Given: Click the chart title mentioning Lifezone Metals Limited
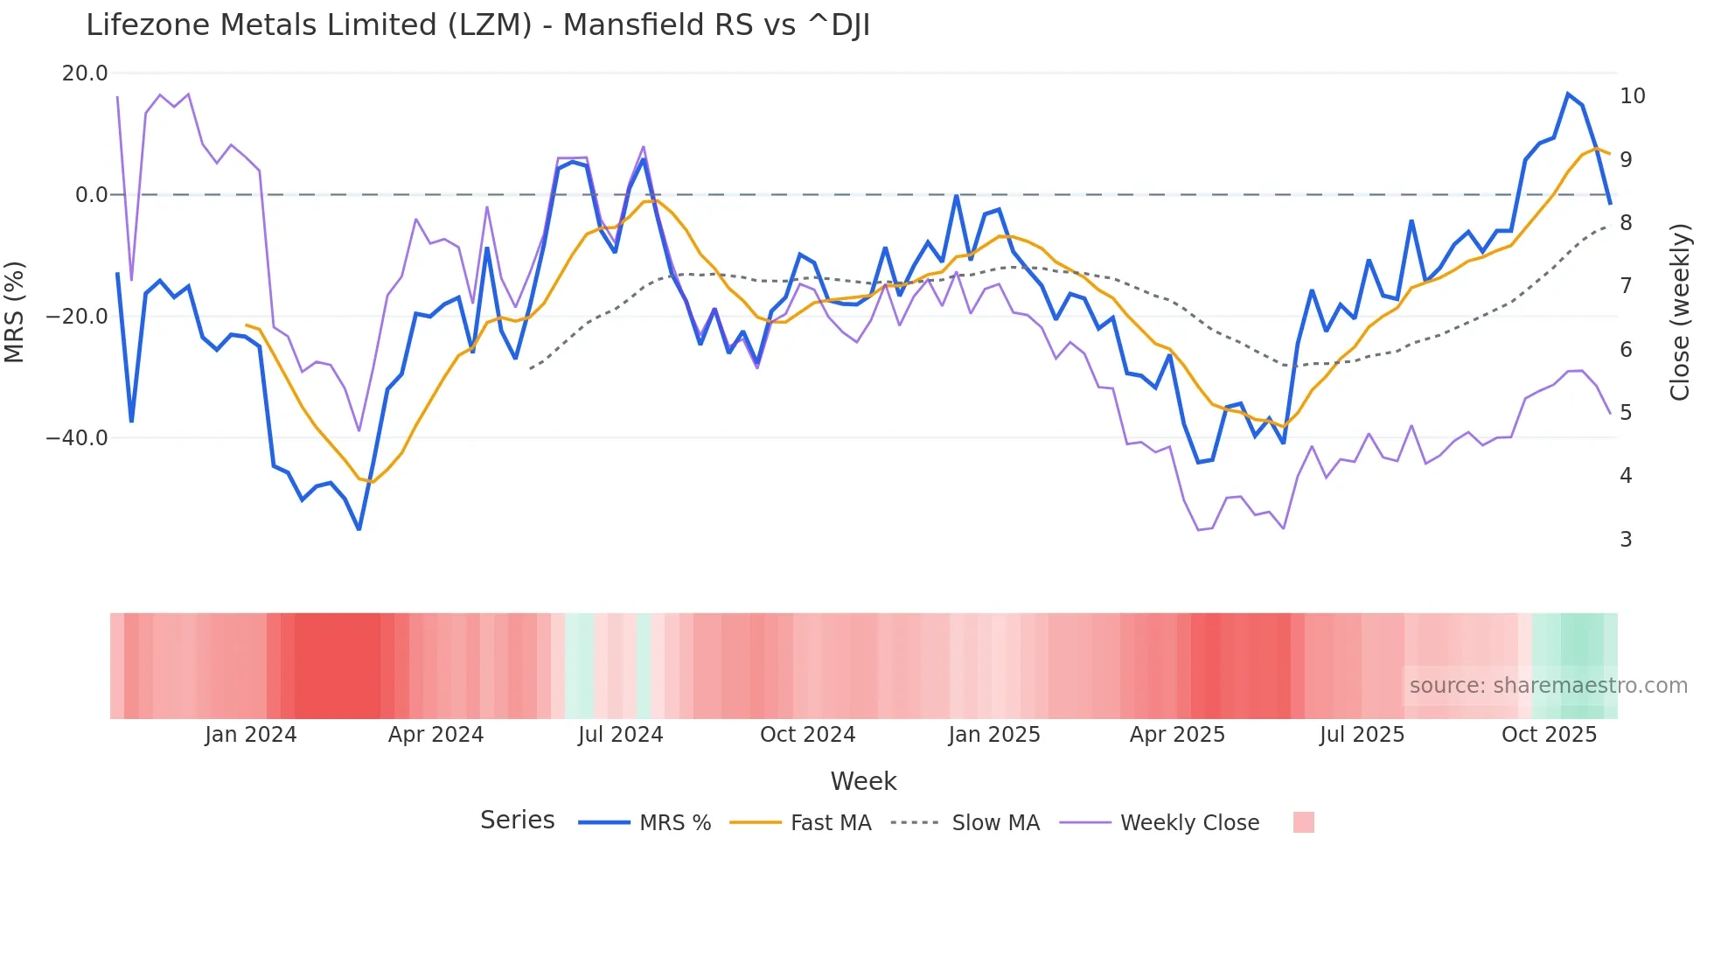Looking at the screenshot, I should click(477, 25).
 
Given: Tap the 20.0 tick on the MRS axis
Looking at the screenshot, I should click(85, 73).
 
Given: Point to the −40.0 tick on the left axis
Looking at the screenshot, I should click(77, 437).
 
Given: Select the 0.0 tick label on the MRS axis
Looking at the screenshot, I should click(91, 195).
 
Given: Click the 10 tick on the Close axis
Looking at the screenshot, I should click(1632, 96).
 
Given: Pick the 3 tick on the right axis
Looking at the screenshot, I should click(1626, 540).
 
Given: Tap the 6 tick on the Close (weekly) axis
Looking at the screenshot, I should click(1626, 350).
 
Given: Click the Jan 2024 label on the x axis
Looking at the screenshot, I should click(251, 735).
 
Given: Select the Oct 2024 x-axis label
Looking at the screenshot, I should click(807, 735).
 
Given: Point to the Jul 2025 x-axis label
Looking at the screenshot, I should click(1362, 735).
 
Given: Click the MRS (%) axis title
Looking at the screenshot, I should click(15, 312).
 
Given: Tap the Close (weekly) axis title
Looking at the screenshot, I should click(1679, 312).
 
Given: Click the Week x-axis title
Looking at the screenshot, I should click(863, 781).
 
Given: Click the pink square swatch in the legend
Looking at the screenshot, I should click(1303, 822).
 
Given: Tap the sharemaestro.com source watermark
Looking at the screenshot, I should click(1548, 686).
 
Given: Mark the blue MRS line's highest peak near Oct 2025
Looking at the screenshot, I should click(1568, 94).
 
